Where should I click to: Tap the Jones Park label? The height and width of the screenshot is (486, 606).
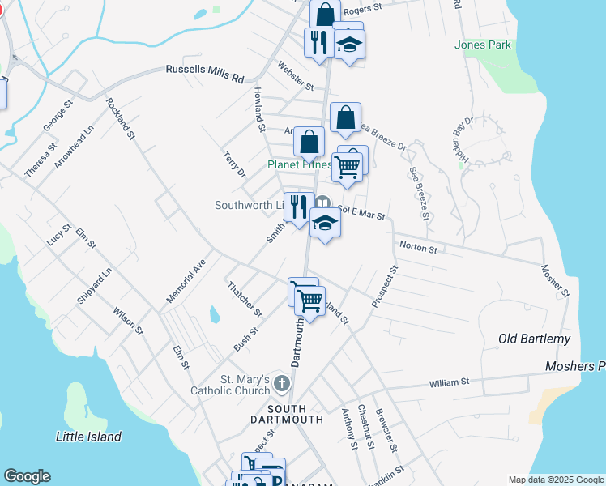click(x=483, y=45)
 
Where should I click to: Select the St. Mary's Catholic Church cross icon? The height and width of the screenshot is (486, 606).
click(x=281, y=382)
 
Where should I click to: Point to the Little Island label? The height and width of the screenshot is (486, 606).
click(x=89, y=437)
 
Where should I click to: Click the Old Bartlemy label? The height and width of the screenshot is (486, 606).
click(x=534, y=339)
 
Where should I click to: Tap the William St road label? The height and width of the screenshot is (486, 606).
click(x=449, y=382)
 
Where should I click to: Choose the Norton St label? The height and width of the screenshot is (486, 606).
click(x=416, y=248)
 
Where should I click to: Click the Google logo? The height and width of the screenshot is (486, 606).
click(x=27, y=476)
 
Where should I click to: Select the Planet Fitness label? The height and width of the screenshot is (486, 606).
click(x=300, y=164)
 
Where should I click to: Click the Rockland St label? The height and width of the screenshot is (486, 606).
click(x=119, y=119)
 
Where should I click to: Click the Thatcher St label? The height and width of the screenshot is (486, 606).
click(x=244, y=299)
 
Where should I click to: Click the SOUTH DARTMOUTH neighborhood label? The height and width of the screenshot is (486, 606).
click(x=296, y=414)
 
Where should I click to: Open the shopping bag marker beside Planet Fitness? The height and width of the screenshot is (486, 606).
click(x=309, y=143)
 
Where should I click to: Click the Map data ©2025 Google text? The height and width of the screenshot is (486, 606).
click(x=556, y=480)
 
